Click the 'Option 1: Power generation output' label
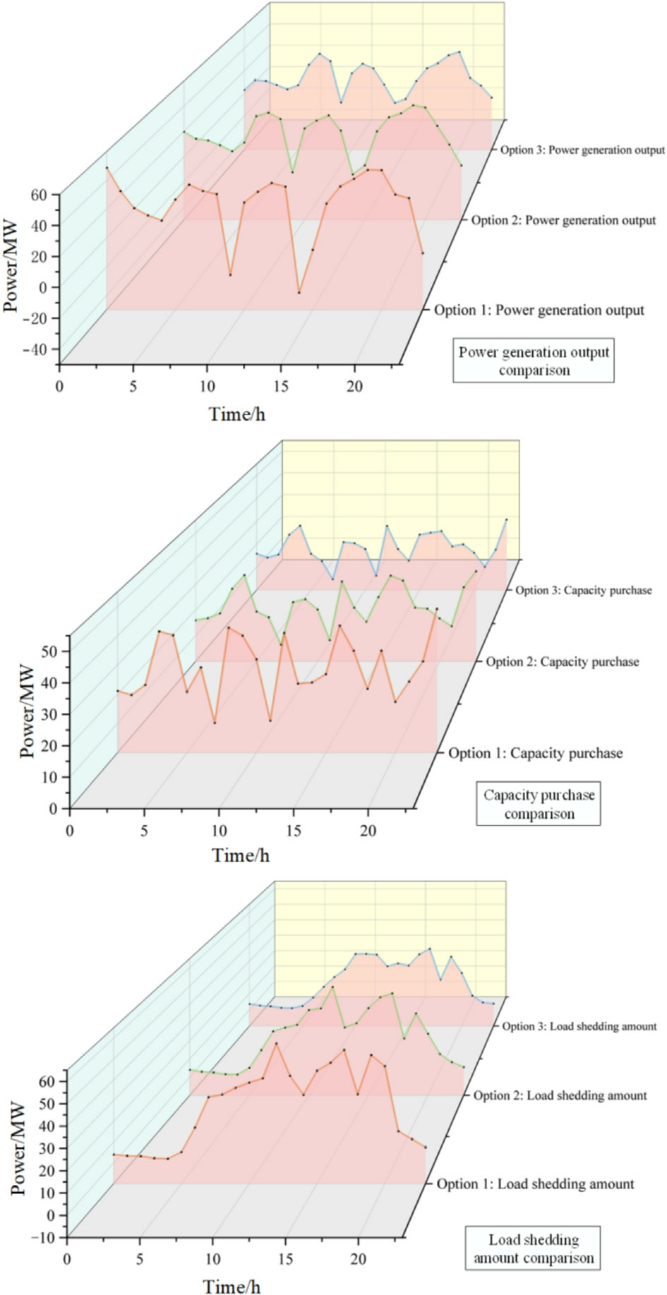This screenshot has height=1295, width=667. tap(539, 310)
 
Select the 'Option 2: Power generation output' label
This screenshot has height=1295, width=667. tap(563, 220)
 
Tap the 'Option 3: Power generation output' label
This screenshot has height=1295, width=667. tap(582, 150)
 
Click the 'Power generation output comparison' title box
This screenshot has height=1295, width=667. tap(534, 361)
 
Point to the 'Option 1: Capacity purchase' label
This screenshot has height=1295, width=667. tap(536, 753)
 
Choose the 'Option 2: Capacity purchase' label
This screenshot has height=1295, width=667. tap(562, 662)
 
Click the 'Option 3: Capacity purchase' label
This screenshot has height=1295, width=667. tap(583, 590)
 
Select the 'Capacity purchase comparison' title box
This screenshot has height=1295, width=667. tap(539, 804)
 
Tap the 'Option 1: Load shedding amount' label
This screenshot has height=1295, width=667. tap(535, 1183)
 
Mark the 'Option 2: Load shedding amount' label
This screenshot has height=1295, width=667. tap(560, 1095)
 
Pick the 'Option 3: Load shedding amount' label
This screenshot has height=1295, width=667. tap(579, 1026)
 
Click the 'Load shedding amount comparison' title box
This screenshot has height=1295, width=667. tap(533, 1248)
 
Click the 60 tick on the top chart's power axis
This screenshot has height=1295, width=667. tap(45, 194)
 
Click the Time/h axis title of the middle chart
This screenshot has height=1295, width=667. tap(240, 855)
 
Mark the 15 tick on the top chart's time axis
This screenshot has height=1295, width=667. tap(281, 387)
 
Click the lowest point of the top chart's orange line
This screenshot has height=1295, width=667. tap(299, 292)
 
